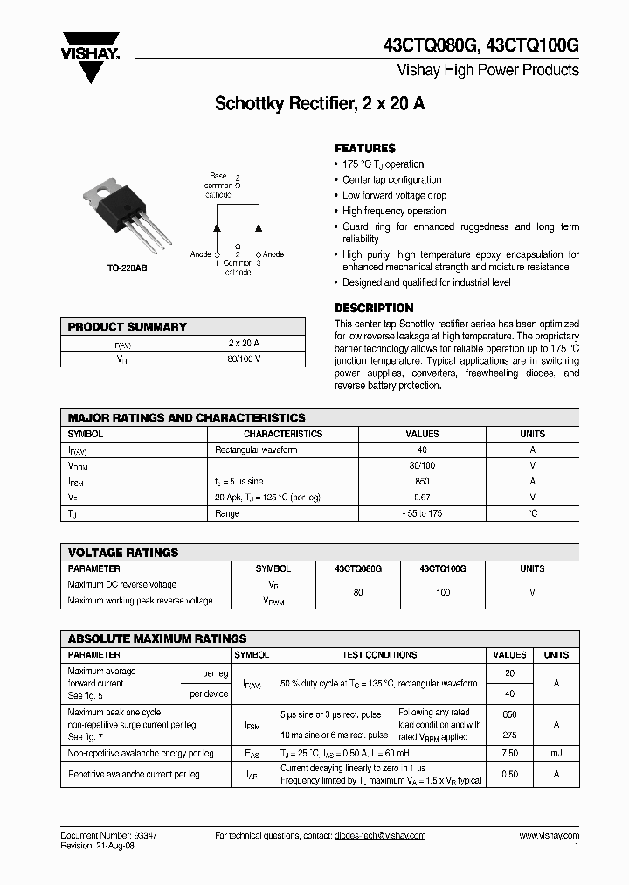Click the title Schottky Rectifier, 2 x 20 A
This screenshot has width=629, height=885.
pyautogui.click(x=320, y=104)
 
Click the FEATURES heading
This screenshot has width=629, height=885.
pyautogui.click(x=365, y=149)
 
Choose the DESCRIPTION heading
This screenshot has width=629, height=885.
pyautogui.click(x=374, y=308)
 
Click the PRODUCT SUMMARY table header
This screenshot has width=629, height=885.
pyautogui.click(x=128, y=327)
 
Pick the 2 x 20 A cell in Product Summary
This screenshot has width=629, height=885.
pyautogui.click(x=244, y=343)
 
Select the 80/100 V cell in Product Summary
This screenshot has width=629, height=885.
pyautogui.click(x=244, y=359)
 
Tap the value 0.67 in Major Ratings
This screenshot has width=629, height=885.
pyautogui.click(x=422, y=498)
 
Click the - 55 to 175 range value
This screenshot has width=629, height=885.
pyautogui.click(x=422, y=513)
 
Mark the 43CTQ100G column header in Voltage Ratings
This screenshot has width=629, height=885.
pyautogui.click(x=442, y=568)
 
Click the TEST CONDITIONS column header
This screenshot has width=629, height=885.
pyautogui.click(x=378, y=654)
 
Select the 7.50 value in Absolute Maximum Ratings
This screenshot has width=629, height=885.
pyautogui.click(x=509, y=753)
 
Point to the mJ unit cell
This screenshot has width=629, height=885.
pyautogui.click(x=556, y=753)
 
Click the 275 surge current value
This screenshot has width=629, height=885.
pyautogui.click(x=509, y=735)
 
